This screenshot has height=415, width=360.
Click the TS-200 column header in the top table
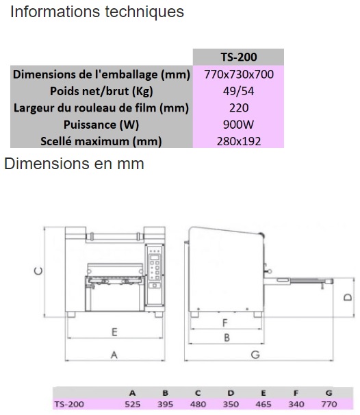239,57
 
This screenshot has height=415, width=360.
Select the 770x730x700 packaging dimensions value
239,75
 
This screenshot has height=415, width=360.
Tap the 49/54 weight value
238,91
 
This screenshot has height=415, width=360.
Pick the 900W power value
238,125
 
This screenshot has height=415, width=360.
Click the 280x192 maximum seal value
239,141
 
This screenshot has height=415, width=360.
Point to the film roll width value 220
239,108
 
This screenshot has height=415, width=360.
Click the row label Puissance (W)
101,125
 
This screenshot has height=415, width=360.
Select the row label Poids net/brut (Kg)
101,91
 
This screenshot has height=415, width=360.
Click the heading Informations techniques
97,12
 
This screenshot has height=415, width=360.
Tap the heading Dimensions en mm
74,164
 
